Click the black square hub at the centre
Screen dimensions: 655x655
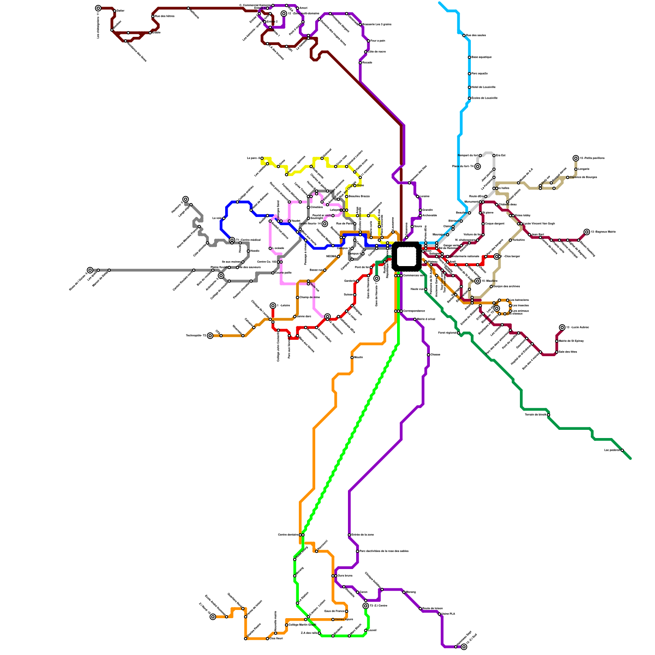point(406,256)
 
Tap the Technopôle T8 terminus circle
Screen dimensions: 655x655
point(210,336)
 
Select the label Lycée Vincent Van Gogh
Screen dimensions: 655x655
point(539,224)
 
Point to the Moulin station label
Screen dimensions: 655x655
point(358,357)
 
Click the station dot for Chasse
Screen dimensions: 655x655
point(428,355)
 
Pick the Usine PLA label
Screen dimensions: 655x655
point(448,614)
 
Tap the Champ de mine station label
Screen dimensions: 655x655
point(309,297)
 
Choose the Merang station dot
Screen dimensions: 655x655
point(404,592)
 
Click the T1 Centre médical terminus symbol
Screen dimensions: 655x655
point(232,240)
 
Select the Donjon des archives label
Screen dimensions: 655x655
point(506,286)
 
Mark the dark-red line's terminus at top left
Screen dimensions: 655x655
point(98,8)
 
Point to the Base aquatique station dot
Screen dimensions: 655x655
point(469,57)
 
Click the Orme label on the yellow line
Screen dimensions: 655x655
point(360,185)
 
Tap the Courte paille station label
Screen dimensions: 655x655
point(283,273)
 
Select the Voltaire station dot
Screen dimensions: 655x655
point(510,240)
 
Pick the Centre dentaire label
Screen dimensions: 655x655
point(288,535)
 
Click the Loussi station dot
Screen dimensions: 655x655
point(366,630)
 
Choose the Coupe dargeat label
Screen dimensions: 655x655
point(495,224)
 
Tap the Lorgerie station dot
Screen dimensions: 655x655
point(576,169)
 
